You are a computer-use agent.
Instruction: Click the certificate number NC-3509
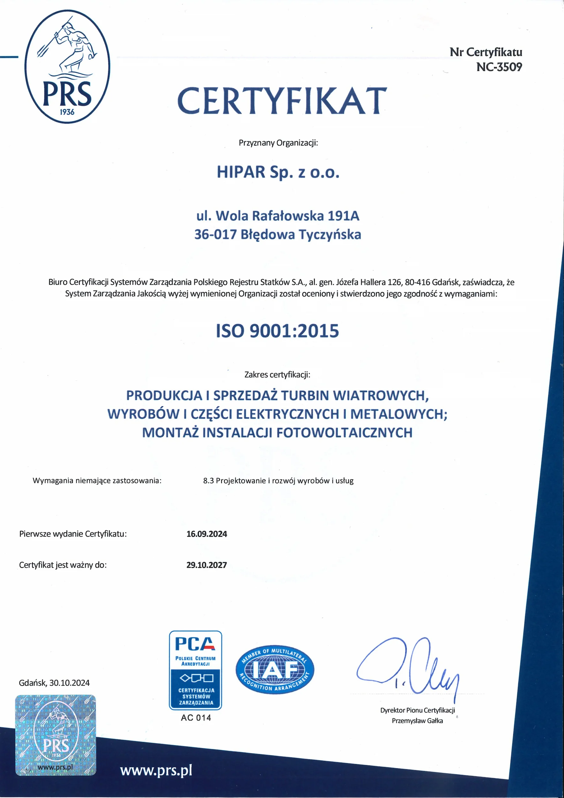(x=499, y=67)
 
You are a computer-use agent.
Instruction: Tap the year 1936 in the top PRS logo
(x=67, y=112)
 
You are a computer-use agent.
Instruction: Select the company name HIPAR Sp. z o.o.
(x=278, y=172)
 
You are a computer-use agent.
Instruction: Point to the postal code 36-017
(x=215, y=235)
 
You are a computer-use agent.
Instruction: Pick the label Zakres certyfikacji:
(x=277, y=375)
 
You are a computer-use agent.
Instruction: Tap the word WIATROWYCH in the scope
(x=380, y=395)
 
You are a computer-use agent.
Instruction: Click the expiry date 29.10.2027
(x=207, y=565)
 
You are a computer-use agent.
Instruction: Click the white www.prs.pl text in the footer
(x=156, y=771)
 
